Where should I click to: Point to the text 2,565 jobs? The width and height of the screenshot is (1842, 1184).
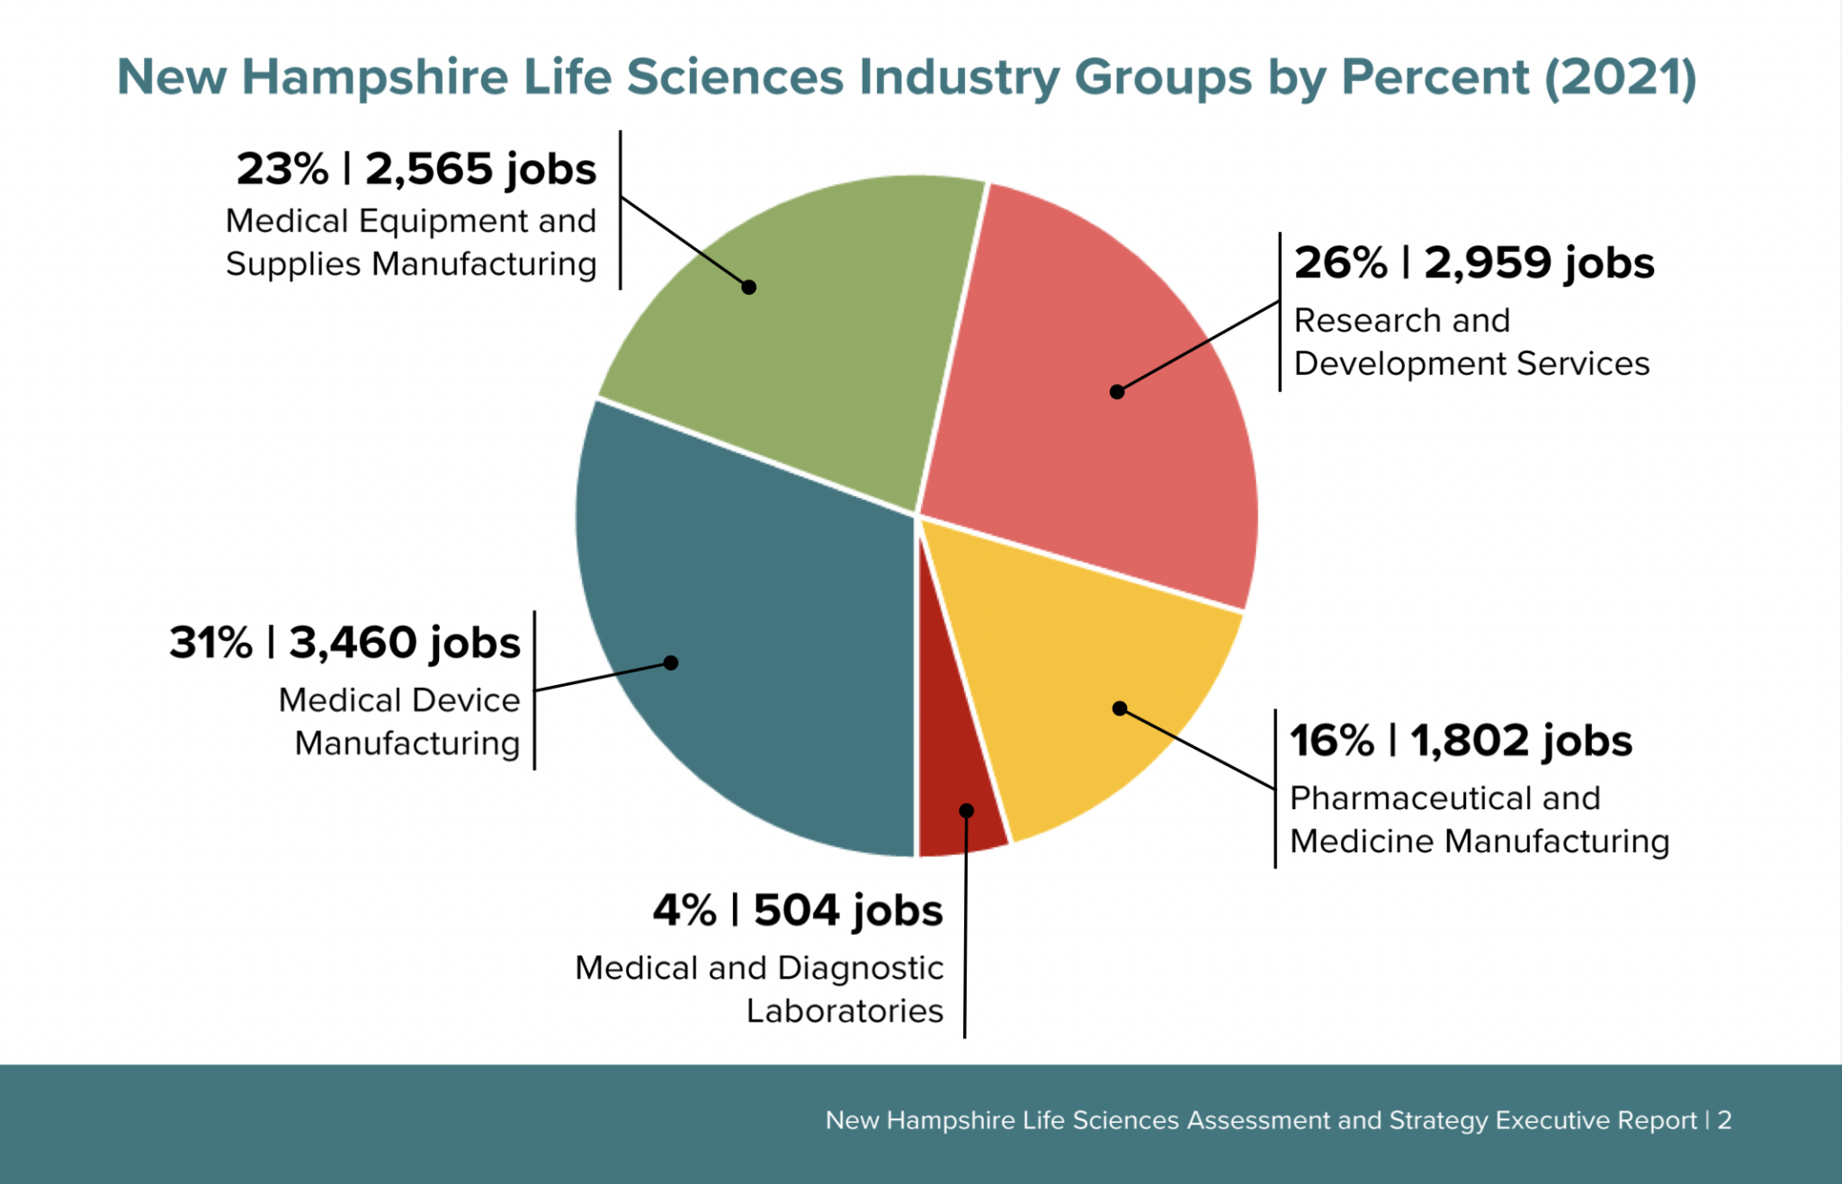(480, 170)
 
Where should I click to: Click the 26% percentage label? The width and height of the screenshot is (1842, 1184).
(1340, 263)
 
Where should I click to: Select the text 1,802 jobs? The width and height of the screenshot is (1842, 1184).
(1520, 742)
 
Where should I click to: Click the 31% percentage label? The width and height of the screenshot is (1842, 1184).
(211, 644)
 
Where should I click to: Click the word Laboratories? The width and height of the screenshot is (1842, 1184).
(845, 1011)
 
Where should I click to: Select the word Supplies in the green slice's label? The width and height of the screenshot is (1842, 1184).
(292, 265)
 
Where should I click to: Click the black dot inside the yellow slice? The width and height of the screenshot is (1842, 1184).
(1120, 708)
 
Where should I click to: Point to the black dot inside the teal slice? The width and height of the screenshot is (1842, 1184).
(671, 663)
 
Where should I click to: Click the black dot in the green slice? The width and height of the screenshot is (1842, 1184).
(748, 287)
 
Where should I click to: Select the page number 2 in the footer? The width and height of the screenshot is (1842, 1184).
(1724, 1120)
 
